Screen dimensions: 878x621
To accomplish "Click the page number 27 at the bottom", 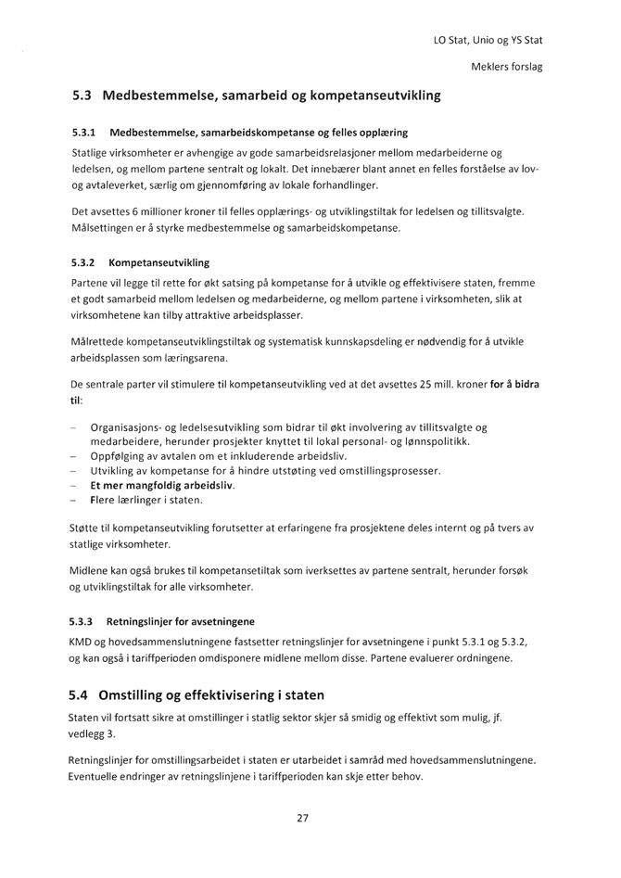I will (x=302, y=817).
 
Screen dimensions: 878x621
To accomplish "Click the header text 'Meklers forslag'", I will (x=507, y=67).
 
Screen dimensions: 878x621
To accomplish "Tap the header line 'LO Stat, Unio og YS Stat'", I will (x=488, y=40).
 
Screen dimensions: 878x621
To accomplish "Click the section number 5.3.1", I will (x=85, y=133).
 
